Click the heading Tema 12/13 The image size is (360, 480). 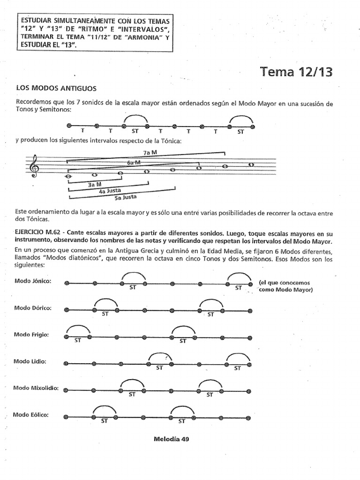click(x=296, y=72)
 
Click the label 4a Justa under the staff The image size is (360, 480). click(x=108, y=191)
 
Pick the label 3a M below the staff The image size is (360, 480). click(x=95, y=185)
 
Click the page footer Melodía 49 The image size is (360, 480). click(x=172, y=440)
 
